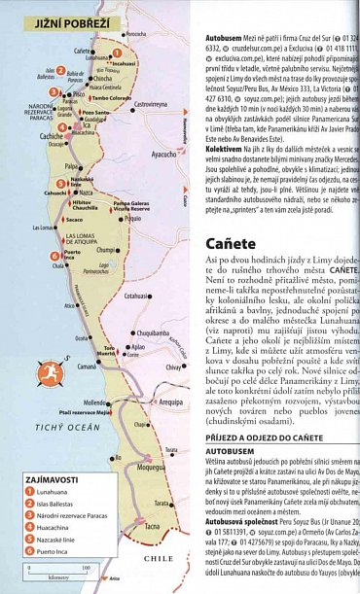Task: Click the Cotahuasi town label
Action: point(139,296)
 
